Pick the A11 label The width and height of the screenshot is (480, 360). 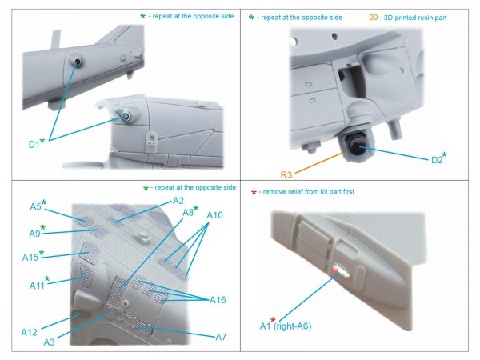(x=34, y=284)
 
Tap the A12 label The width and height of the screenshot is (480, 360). (x=30, y=331)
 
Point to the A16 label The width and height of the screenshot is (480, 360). (x=220, y=299)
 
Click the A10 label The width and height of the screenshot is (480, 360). (x=215, y=215)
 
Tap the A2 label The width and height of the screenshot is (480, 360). (x=178, y=200)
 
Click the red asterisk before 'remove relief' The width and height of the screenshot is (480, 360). (x=254, y=193)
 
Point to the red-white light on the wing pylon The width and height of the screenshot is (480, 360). (x=338, y=271)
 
